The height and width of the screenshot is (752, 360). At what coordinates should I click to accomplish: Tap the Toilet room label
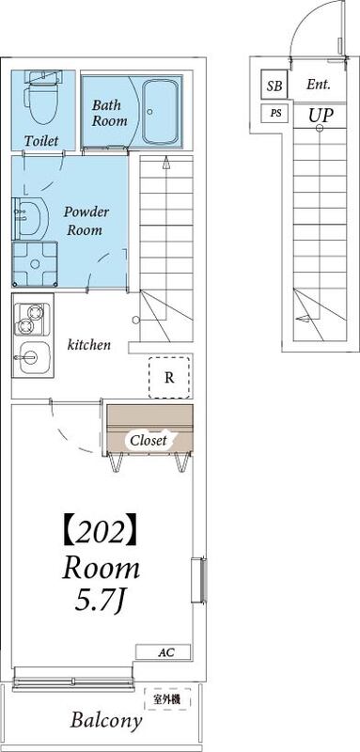41,140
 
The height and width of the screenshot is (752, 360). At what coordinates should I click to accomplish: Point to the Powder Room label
86,221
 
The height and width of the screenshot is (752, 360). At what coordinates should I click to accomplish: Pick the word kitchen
89,345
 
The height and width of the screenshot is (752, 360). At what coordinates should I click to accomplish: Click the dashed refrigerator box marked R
169,378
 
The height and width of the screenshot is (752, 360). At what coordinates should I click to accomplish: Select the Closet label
149,440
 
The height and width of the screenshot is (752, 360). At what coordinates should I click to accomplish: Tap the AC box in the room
164,651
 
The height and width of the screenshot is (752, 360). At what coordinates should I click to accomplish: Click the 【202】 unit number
100,533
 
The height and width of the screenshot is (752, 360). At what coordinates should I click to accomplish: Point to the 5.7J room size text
100,598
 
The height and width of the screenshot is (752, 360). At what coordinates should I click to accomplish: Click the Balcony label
107,721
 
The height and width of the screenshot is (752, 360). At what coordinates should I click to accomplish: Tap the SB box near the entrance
274,86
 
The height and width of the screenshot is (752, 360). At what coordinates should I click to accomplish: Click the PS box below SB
274,114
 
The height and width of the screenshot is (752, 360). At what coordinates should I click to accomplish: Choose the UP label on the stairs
320,114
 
